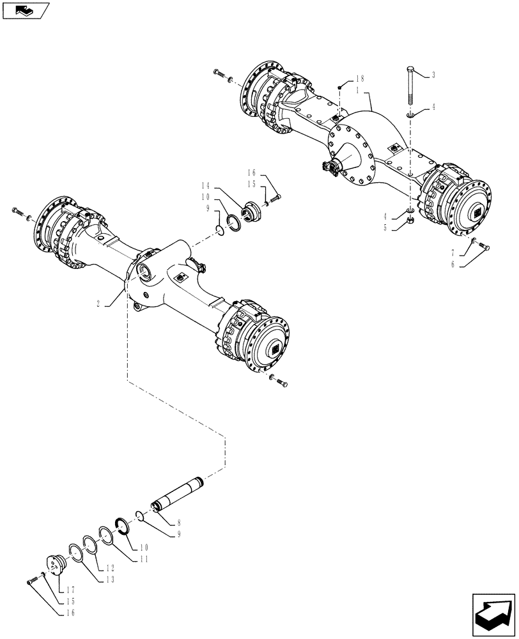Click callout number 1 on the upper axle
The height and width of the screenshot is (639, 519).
click(360, 90)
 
